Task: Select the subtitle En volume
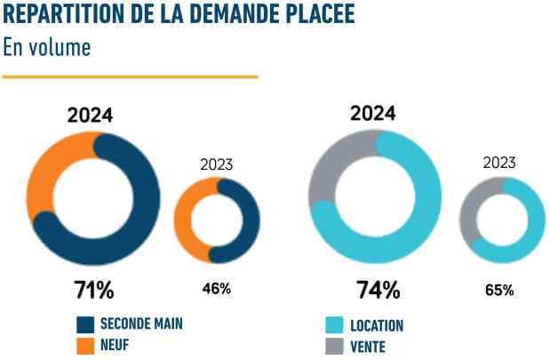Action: click(x=47, y=46)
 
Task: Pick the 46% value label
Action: click(x=216, y=288)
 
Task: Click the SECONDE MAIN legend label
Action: click(x=141, y=324)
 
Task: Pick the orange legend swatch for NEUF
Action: click(x=85, y=346)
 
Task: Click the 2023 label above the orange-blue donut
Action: click(x=216, y=164)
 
